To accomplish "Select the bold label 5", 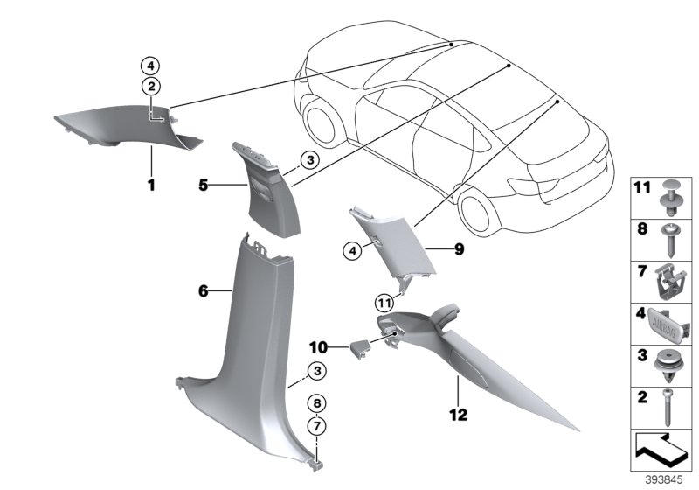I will tap(203, 185).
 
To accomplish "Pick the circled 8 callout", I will tap(319, 403).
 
